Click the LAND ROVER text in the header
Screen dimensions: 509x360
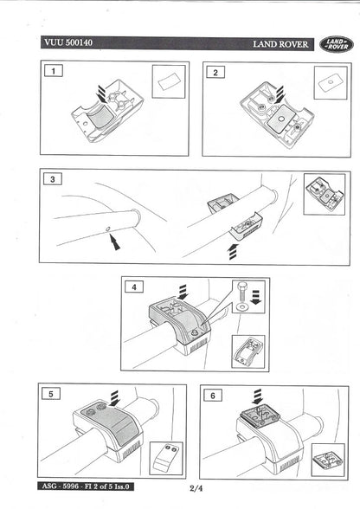pyautogui.click(x=283, y=43)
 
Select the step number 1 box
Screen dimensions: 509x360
pyautogui.click(x=55, y=72)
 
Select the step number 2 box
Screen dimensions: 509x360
pyautogui.click(x=215, y=72)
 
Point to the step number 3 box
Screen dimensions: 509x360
pyautogui.click(x=55, y=179)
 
